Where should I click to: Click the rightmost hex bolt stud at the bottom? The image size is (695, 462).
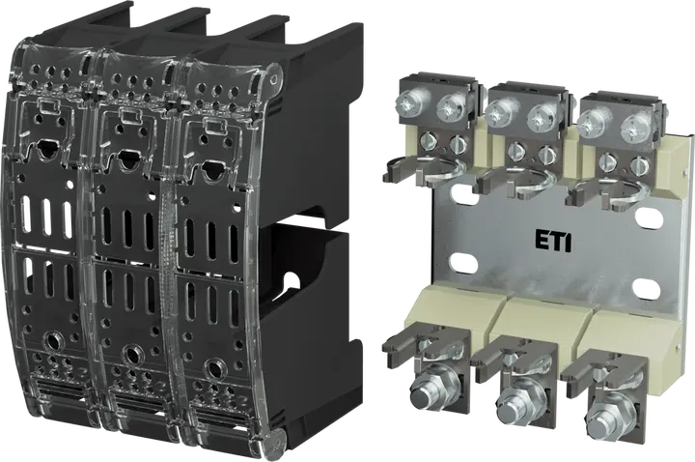coord(604,412)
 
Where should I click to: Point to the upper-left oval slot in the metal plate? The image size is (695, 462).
coord(461,195)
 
